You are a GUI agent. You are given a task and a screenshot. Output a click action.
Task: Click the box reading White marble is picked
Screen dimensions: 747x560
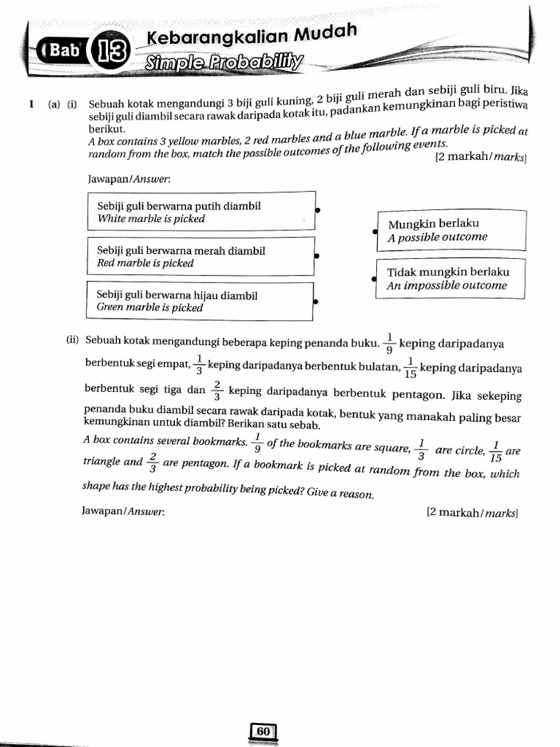pos(201,212)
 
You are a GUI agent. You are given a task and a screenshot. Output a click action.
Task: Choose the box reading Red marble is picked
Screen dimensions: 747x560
pos(201,256)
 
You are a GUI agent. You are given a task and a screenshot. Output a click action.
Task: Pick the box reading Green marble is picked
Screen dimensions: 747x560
pos(200,301)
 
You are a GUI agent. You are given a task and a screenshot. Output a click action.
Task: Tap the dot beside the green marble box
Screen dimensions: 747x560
pos(315,301)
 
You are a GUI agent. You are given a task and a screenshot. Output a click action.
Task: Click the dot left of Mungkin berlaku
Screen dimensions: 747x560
pos(375,231)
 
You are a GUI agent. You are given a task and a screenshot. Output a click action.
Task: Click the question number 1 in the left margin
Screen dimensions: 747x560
pos(31,104)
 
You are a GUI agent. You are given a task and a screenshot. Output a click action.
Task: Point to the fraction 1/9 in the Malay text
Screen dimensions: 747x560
pos(389,343)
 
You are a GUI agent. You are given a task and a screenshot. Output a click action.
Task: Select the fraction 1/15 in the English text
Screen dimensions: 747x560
pos(496,452)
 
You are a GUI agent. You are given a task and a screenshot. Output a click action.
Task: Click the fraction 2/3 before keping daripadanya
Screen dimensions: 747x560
pos(217,390)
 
